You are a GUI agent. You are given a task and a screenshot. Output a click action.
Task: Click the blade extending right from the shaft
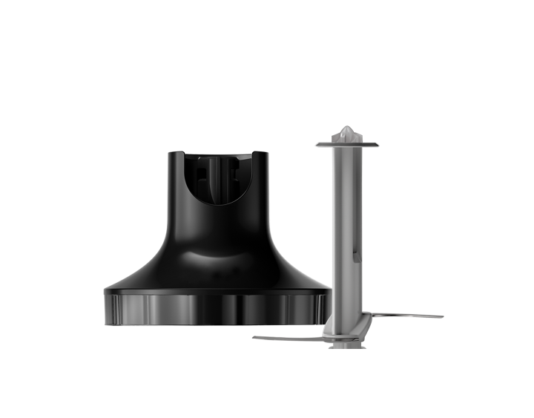(404, 316)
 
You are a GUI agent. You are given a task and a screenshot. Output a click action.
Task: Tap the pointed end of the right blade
(442, 317)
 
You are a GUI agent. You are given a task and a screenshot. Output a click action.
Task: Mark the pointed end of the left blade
(254, 339)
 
